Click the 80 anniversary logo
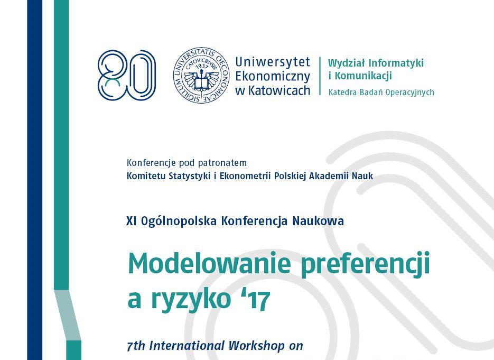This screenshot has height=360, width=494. pyautogui.click(x=127, y=75)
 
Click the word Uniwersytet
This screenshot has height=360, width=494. pyautogui.click(x=273, y=62)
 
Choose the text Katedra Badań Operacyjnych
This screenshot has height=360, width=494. pyautogui.click(x=381, y=92)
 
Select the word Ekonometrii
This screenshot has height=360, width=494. pyautogui.click(x=246, y=176)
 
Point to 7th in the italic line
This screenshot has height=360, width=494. pyautogui.click(x=136, y=346)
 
